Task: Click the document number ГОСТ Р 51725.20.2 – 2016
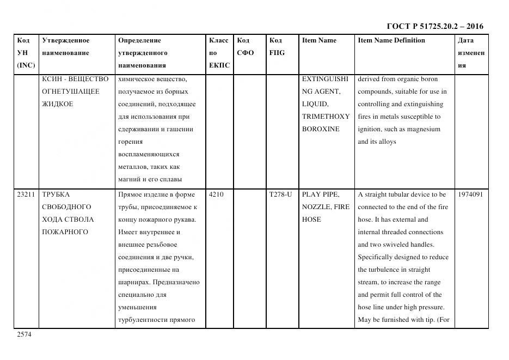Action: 434,26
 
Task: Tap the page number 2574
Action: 24,334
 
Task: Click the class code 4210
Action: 216,194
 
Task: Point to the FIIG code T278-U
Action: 280,194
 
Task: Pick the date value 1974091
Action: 470,194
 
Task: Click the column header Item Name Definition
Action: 391,40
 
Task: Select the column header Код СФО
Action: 246,47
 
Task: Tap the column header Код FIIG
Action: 277,47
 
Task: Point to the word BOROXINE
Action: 321,129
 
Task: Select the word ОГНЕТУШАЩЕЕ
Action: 71,91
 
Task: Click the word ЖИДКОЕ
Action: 57,104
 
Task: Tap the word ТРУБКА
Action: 56,194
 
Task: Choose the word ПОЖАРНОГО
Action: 65,232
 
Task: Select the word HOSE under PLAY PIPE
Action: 311,219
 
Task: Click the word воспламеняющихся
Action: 148,154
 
